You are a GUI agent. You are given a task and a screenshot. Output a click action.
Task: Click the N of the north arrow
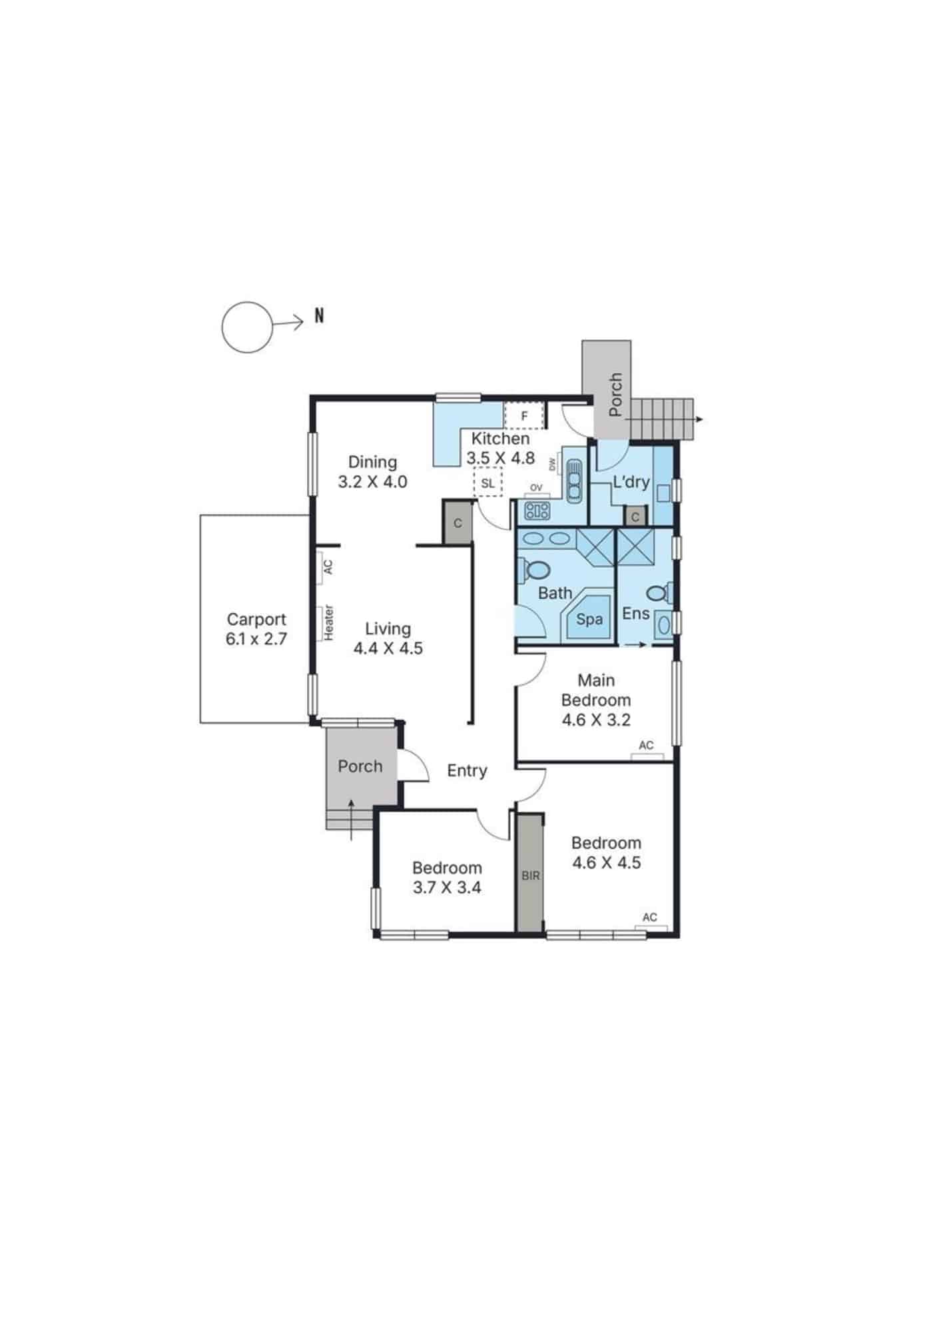(319, 316)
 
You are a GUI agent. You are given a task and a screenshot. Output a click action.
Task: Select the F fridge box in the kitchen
(524, 417)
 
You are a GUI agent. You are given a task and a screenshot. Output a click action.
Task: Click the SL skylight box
(487, 483)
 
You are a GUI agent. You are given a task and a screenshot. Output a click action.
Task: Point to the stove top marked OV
(537, 511)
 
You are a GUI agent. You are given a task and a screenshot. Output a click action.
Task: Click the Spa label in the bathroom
(589, 619)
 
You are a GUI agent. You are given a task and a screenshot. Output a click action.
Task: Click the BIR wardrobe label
(531, 876)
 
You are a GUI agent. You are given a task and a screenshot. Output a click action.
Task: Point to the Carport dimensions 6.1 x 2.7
(256, 639)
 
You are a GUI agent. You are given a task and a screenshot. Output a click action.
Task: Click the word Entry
(467, 770)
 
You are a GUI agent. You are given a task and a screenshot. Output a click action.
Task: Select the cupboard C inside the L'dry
(635, 517)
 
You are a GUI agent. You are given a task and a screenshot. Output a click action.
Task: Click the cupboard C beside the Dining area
(458, 523)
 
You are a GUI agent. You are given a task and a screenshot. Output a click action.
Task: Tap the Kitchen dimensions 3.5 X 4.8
(500, 459)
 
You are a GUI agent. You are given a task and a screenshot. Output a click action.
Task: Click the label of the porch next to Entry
(360, 766)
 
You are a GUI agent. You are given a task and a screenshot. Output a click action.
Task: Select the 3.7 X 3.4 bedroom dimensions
(447, 888)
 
